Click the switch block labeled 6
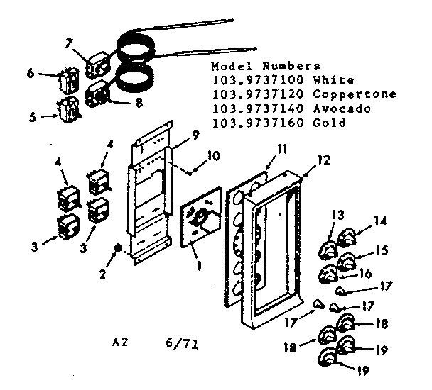tap(70, 79)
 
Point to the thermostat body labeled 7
tap(97, 67)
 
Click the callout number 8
tap(138, 101)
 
